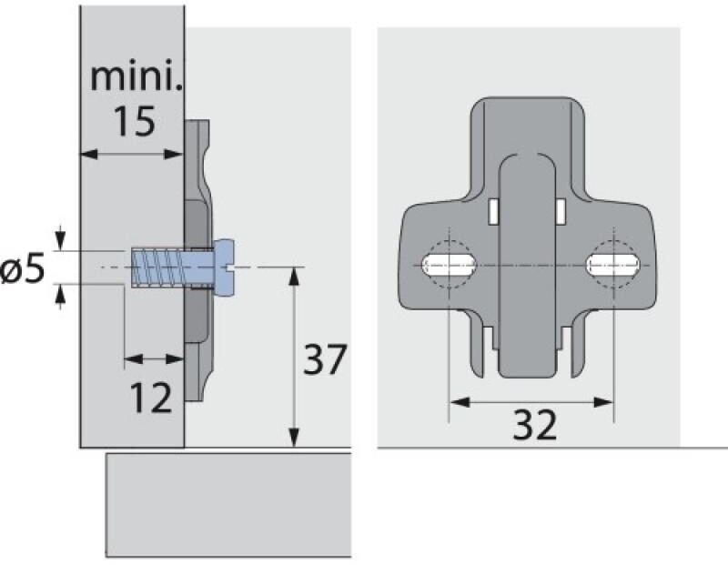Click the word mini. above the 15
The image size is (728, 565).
(x=136, y=77)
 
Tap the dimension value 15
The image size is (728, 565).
(x=135, y=121)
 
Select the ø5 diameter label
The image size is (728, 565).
(x=22, y=269)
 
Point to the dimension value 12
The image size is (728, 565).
(x=151, y=398)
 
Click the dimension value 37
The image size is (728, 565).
(x=325, y=358)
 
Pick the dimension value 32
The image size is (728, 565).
(x=534, y=425)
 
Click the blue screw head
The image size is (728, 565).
(x=224, y=267)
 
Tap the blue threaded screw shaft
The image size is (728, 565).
(x=172, y=268)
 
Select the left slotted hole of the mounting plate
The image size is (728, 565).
(x=449, y=266)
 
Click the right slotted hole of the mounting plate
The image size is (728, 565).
(x=613, y=266)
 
